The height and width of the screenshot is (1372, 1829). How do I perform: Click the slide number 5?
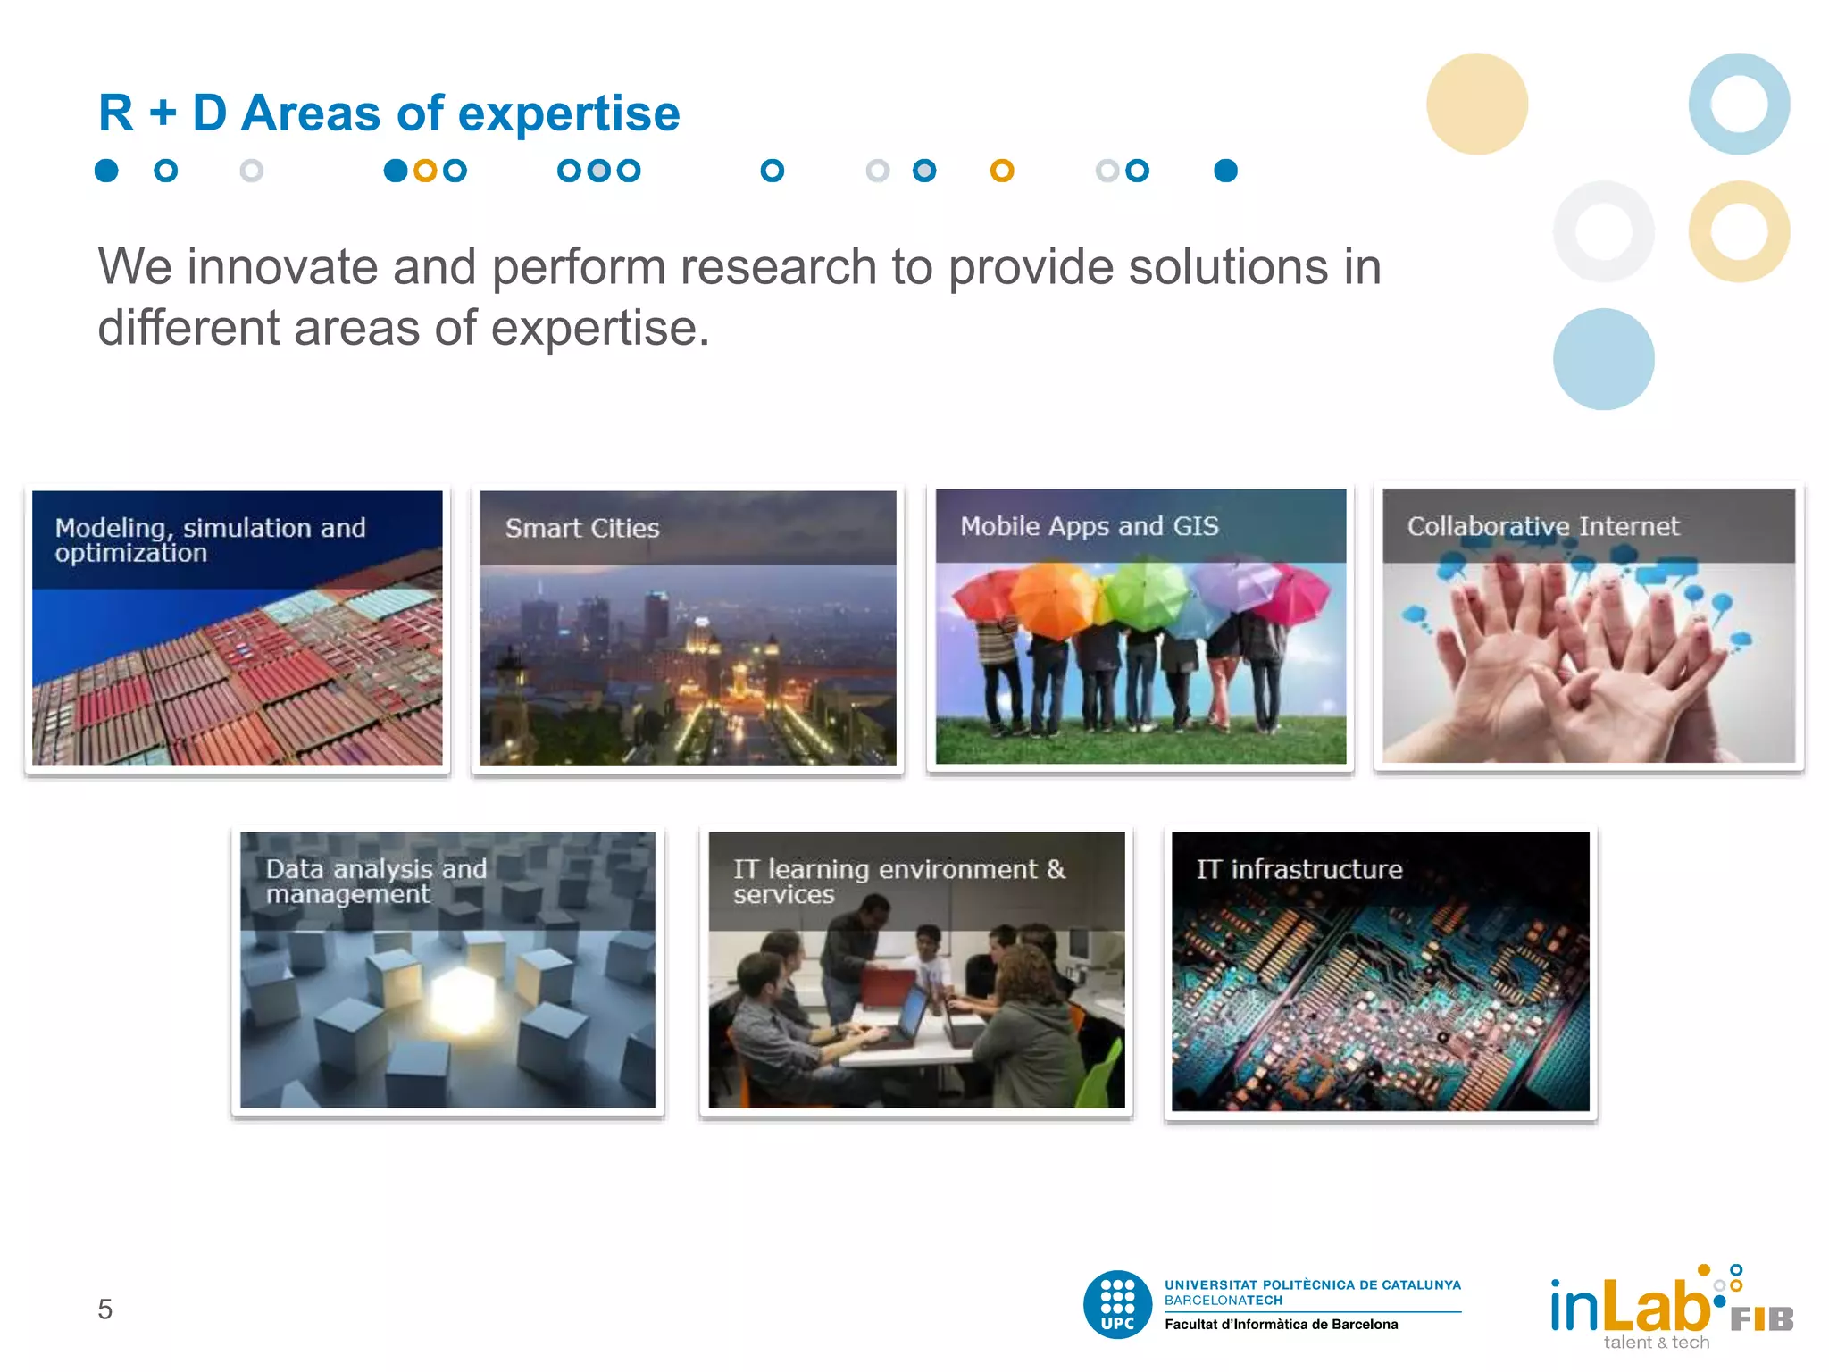(104, 1309)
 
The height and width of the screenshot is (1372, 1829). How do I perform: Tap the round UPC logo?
(1117, 1304)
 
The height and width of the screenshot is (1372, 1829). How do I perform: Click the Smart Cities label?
(582, 528)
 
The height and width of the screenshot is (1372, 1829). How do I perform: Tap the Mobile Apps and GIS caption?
(1089, 526)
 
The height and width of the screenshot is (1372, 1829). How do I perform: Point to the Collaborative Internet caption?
(1542, 526)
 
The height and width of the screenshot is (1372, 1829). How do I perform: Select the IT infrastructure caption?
(1299, 869)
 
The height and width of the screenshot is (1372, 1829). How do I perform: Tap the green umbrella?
(1147, 590)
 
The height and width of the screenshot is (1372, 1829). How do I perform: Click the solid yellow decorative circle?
(1476, 104)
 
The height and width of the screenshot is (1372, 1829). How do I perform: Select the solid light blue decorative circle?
(1603, 359)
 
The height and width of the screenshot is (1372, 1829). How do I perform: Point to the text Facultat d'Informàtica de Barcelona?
(1281, 1325)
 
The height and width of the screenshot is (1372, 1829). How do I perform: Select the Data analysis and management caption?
(375, 881)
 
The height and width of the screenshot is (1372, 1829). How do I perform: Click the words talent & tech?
(1656, 1343)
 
